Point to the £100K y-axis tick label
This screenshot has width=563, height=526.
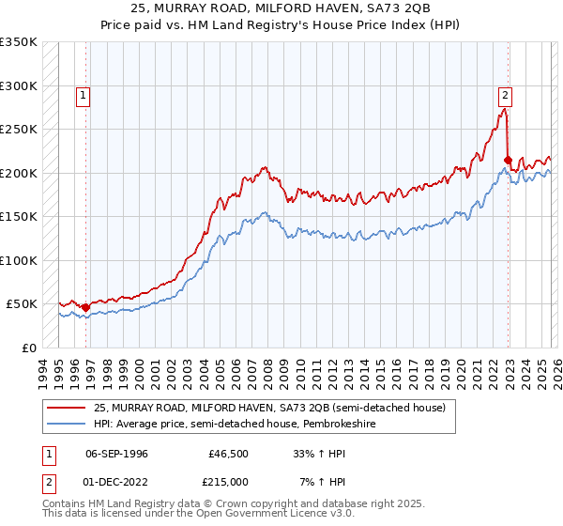(x=19, y=260)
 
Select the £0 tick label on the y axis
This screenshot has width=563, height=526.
(x=28, y=348)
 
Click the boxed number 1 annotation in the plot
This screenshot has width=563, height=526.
(x=84, y=95)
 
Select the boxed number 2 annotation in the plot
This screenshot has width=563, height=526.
(x=505, y=95)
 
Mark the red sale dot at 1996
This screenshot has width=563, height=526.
(x=85, y=307)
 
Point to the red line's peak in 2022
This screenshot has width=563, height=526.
(x=505, y=109)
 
